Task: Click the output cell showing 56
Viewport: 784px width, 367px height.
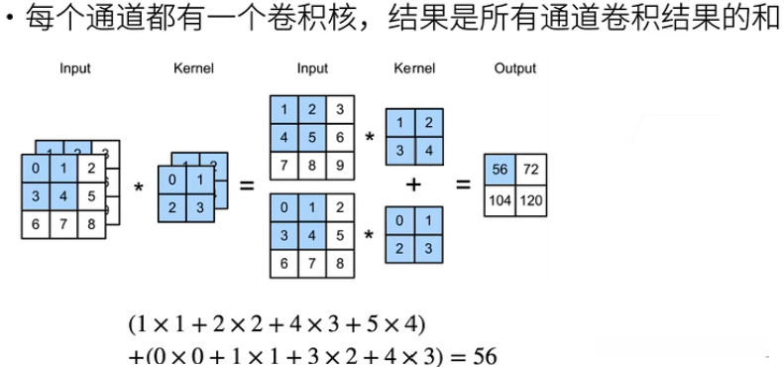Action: click(x=500, y=170)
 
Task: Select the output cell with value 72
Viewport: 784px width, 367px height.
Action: click(x=531, y=170)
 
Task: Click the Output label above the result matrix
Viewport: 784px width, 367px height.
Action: click(x=514, y=68)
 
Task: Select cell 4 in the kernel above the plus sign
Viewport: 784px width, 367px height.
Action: click(x=428, y=150)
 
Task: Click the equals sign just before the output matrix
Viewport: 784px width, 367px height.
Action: click(x=462, y=184)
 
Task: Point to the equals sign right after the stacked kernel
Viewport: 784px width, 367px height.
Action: click(x=247, y=185)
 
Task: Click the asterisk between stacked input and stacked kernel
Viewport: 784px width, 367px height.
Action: click(x=139, y=187)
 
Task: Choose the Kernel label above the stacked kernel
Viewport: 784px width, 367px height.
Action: click(x=193, y=68)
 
